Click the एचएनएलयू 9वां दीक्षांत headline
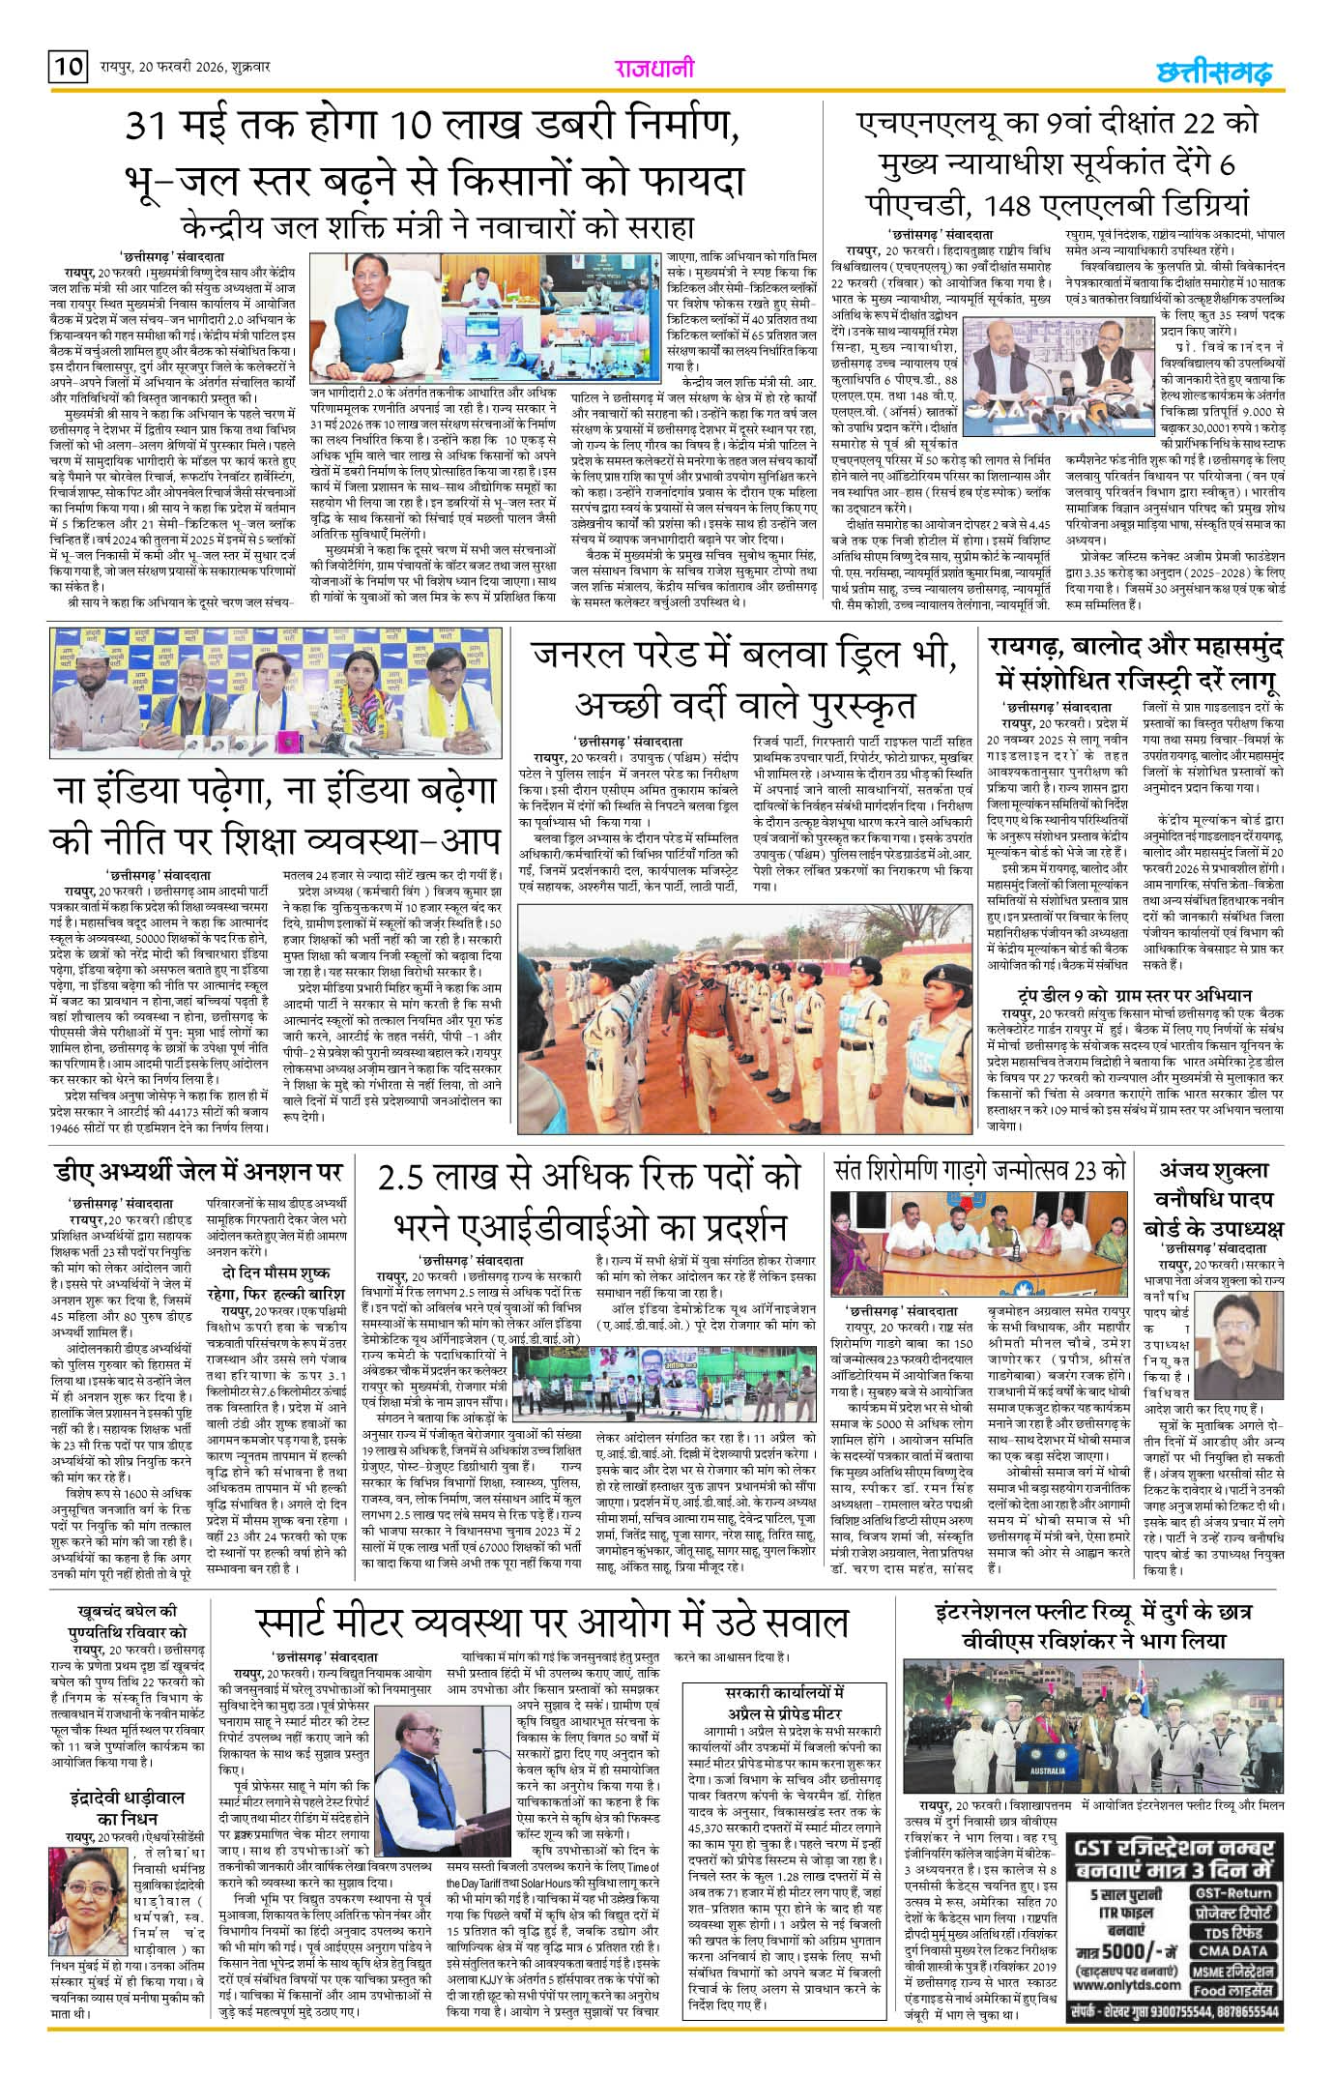coord(1058,165)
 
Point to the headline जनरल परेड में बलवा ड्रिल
coord(747,678)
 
